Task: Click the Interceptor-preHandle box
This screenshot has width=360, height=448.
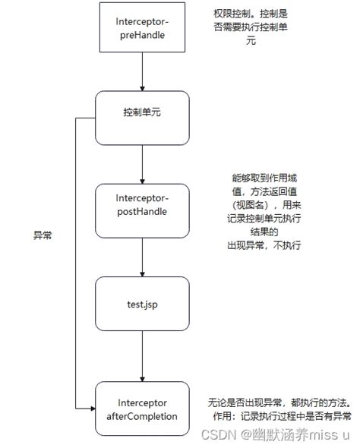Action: coord(142,29)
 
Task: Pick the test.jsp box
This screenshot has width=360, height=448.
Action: coord(142,303)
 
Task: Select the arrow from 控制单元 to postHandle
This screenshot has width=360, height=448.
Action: coord(142,163)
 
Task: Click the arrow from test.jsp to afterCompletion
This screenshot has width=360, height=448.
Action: coord(142,355)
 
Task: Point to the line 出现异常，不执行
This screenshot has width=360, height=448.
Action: coord(262,245)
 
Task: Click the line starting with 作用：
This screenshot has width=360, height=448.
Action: coord(279,416)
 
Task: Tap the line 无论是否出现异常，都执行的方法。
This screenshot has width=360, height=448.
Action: coord(279,402)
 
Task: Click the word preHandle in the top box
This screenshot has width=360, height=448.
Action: coord(142,34)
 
